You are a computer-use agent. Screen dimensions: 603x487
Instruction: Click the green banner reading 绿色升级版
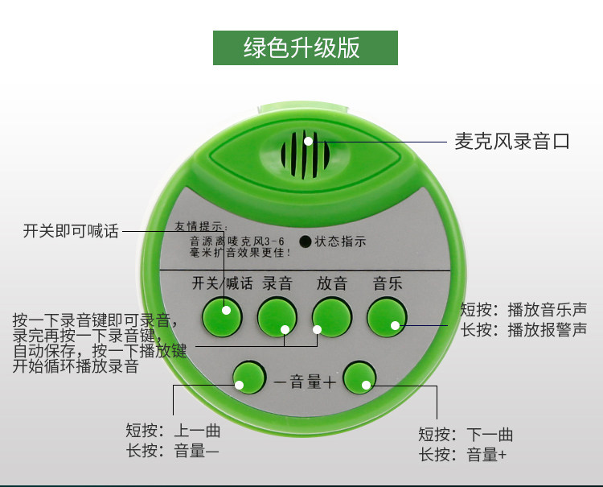[305, 48]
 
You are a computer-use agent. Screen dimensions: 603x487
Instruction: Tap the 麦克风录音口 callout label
[512, 142]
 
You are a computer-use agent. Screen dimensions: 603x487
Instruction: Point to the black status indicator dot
[306, 241]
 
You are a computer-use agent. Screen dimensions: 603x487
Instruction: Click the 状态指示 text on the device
[340, 241]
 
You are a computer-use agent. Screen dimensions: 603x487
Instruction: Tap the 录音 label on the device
[277, 283]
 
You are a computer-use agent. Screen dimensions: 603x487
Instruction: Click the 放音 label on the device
[332, 283]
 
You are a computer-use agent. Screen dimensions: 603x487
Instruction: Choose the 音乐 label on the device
[387, 283]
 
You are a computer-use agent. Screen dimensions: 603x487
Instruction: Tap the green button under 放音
[332, 317]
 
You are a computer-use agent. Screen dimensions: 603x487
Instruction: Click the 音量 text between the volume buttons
[306, 382]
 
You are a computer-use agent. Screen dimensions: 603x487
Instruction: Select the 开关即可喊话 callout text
[71, 232]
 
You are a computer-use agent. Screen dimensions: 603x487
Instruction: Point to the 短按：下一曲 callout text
[465, 435]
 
